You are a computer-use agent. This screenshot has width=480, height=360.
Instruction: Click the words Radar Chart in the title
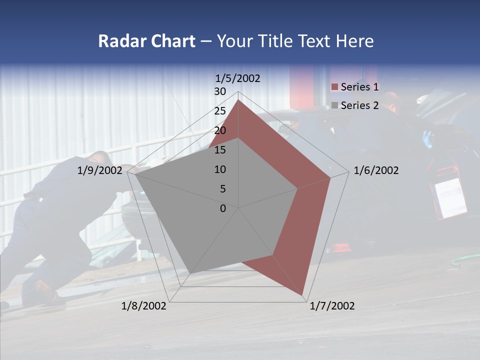(146, 41)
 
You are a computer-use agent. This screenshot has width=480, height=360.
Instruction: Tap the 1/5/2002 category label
(237, 78)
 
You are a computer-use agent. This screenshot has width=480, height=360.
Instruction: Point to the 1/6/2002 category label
(376, 170)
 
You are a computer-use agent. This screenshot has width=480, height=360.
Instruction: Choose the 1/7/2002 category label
(332, 306)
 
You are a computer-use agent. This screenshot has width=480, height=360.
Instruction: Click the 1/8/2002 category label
(144, 306)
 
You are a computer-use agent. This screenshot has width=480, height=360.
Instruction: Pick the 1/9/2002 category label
(100, 170)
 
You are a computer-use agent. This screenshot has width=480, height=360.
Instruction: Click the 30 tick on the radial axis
(220, 91)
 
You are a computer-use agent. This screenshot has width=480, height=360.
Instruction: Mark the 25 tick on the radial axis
(220, 111)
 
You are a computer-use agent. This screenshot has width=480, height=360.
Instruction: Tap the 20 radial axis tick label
(220, 130)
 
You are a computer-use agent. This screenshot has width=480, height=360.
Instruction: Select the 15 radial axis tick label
(220, 150)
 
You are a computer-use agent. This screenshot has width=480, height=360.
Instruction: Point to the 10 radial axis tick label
(220, 169)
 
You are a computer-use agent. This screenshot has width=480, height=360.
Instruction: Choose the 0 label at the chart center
(223, 208)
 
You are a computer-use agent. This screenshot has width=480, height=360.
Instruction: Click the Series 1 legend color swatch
(334, 87)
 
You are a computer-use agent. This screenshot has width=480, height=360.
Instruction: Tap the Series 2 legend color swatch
(334, 105)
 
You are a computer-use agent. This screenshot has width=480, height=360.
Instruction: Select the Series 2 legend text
(359, 105)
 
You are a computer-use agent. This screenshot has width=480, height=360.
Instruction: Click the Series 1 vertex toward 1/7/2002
(302, 295)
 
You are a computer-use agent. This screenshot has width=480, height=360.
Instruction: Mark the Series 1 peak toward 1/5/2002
(238, 100)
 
